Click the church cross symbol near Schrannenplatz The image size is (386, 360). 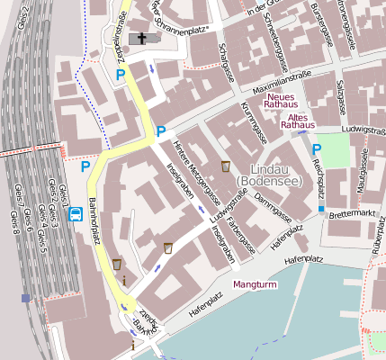coord(140,39)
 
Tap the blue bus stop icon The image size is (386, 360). coord(76,214)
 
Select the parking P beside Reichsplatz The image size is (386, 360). coord(316,150)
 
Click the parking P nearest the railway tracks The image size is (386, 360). coord(85,166)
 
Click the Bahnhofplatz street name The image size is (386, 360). coord(94,221)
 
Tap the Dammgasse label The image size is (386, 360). coord(270,202)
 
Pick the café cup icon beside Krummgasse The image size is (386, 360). coord(225,166)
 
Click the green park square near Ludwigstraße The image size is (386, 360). coord(334,149)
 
